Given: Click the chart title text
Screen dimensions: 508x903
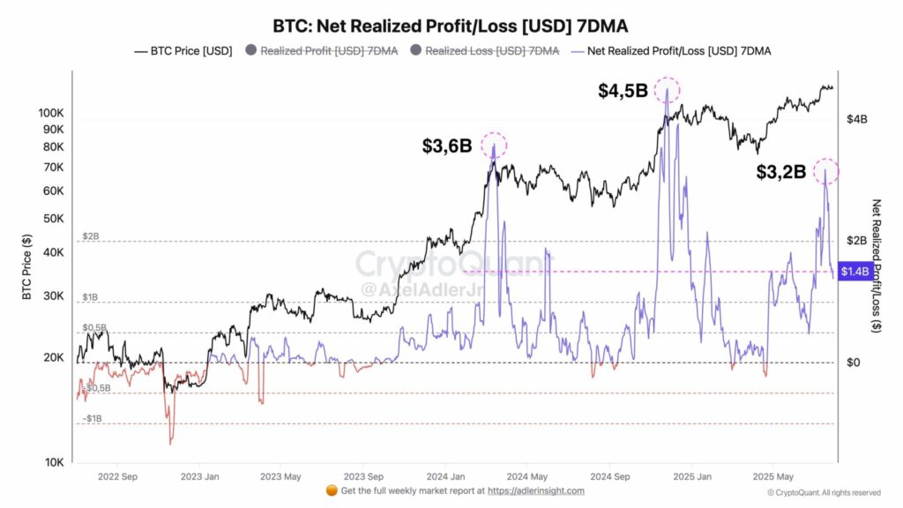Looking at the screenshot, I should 451,26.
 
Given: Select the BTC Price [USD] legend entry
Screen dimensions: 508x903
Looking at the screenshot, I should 183,51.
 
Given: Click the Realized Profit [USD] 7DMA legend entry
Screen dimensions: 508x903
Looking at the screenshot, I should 322,51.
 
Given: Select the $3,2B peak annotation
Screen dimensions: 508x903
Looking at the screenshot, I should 780,172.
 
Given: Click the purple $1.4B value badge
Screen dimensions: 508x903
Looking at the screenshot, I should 855,272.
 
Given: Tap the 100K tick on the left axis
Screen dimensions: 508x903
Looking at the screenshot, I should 50,113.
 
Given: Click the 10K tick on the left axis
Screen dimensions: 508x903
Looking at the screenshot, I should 54,462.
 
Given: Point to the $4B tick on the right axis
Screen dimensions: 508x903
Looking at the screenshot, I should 858,118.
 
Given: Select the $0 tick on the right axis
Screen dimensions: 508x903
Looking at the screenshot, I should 854,362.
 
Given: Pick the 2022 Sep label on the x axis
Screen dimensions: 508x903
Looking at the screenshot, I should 118,477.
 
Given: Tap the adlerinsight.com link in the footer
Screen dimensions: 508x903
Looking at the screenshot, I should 537,490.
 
